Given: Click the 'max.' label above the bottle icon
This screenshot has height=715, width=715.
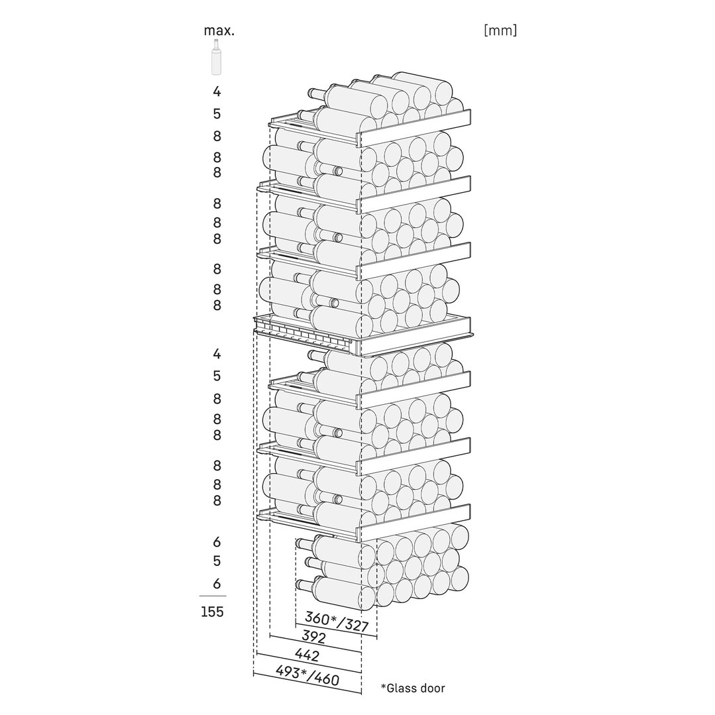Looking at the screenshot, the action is pos(219,31).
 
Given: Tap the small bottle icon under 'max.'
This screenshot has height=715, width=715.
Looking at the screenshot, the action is pos(216,56).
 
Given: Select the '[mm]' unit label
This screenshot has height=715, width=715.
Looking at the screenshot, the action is pos(500,30).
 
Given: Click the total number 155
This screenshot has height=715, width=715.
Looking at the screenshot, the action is pos(213,612).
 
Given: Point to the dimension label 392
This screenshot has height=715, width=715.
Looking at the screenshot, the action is pos(313,637).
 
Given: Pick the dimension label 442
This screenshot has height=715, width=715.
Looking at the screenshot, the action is pos(307,655).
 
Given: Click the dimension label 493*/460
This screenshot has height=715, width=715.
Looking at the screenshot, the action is pos(307,675).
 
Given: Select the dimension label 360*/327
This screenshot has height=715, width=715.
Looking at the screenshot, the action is pos(337,621).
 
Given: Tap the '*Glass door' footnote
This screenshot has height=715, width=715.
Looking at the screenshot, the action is pos(413,688).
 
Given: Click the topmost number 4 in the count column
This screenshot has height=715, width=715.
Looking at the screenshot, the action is pos(217,91).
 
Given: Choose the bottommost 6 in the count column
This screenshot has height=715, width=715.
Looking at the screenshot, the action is pos(217,584).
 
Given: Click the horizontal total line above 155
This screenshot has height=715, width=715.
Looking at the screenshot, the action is pos(213,596).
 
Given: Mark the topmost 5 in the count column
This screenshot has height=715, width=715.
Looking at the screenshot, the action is pos(217,113).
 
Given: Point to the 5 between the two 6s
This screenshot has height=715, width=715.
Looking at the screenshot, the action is pos(217,561).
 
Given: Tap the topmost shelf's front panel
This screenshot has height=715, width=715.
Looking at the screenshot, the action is pos(415,128).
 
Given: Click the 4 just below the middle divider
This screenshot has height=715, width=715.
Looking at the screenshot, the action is pos(217,354).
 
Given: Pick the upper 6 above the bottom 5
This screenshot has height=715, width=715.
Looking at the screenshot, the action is pos(217,542).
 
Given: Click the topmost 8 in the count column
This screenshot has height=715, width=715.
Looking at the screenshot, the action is pos(217,136).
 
